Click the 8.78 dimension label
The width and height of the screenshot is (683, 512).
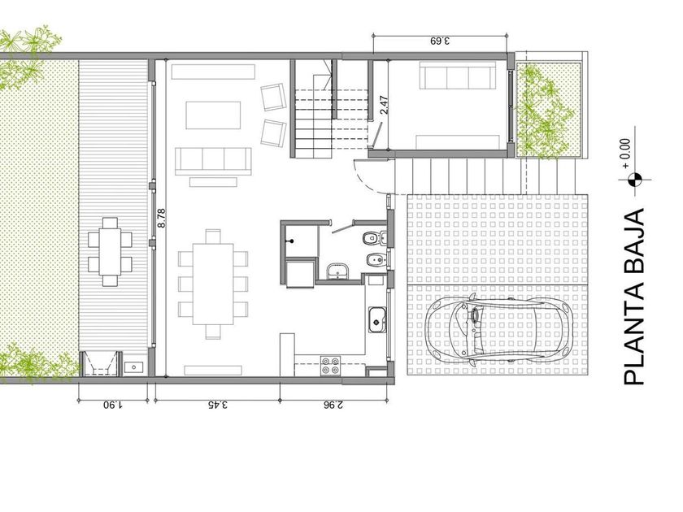tap(162, 218)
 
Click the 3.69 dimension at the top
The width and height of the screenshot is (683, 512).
tap(440, 41)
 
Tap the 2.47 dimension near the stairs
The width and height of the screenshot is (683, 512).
tap(384, 105)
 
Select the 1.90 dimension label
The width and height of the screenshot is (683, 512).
tap(112, 405)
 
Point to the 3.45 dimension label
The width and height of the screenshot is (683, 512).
tap(218, 405)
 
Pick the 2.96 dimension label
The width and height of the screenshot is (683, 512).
tap(333, 405)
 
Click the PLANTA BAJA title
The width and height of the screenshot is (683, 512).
tap(634, 297)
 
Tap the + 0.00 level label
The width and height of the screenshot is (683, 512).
tap(626, 154)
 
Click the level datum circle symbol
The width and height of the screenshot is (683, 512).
tap(635, 179)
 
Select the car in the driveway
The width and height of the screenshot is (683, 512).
tap(498, 328)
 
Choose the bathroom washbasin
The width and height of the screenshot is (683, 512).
tap(337, 271)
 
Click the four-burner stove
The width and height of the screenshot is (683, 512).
tap(330, 366)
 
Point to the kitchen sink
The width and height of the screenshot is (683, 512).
tap(377, 320)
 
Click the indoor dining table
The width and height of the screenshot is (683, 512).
tap(212, 284)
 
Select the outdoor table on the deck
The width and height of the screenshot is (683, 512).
tap(110, 252)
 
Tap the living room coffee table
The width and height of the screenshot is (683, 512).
tap(213, 115)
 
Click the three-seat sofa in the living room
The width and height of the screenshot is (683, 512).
tap(213, 161)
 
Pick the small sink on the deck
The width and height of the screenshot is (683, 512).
tap(133, 367)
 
